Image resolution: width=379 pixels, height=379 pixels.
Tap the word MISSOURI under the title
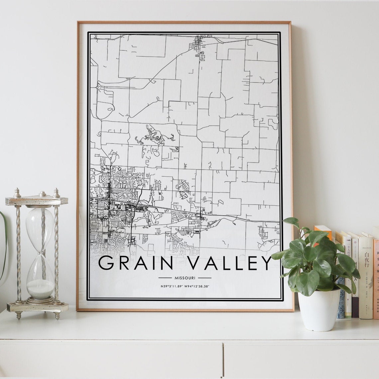pyautogui.click(x=185, y=278)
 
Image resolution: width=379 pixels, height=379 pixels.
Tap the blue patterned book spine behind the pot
pyautogui.click(x=341, y=299)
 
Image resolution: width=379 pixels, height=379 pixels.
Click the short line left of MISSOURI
pyautogui.click(x=165, y=278)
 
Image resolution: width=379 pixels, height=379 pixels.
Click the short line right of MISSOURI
pyautogui.click(x=204, y=278)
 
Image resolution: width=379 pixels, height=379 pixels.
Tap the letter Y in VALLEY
pyautogui.click(x=265, y=263)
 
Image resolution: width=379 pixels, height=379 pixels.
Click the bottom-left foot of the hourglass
pyautogui.click(x=19, y=315)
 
